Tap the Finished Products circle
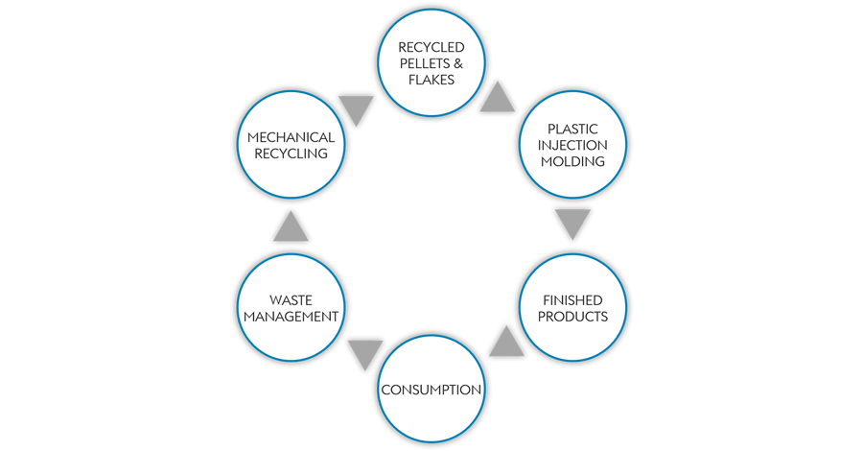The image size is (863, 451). (x=573, y=308)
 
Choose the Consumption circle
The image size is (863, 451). (x=431, y=390)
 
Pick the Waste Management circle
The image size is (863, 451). (x=290, y=308)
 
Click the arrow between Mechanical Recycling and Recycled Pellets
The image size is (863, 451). (x=357, y=109)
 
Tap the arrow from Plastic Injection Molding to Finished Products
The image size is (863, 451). (x=572, y=225)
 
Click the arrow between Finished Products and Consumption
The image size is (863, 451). (x=505, y=340)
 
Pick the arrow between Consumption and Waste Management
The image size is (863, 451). (x=365, y=353)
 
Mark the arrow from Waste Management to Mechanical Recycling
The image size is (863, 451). (x=291, y=226)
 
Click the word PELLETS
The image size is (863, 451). (x=418, y=62)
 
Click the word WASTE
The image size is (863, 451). (x=291, y=299)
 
